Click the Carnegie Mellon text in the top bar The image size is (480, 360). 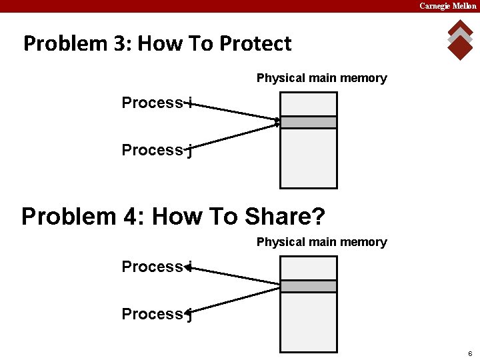coord(447,6)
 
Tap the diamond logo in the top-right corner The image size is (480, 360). coord(460,39)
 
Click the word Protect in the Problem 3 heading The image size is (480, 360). coord(255,43)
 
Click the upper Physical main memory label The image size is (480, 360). coord(321,78)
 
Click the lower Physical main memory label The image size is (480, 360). coord(321,242)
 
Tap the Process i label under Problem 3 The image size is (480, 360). coord(157,103)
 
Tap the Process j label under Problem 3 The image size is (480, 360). coord(157,151)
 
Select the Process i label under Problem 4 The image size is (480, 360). coord(157,267)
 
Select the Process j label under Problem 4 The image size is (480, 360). coord(157,314)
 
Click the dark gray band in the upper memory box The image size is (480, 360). coord(308,122)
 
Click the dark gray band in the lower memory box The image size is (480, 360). coord(308,286)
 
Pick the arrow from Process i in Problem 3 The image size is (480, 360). coord(233,112)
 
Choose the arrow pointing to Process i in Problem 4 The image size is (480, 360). coord(233,276)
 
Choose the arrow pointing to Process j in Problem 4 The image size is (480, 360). coord(233,298)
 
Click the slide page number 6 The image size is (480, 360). coord(470,353)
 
